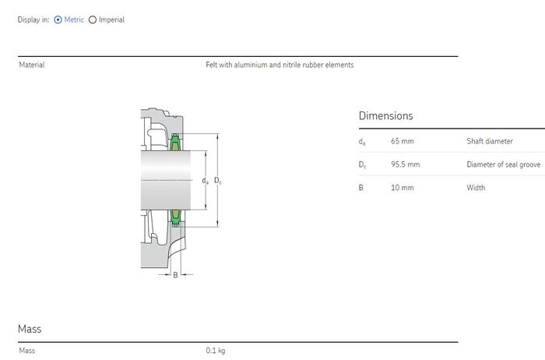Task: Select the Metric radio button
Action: point(58,19)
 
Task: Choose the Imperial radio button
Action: point(93,19)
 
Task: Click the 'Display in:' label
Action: point(33,19)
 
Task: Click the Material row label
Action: point(32,65)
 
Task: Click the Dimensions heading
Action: point(386,116)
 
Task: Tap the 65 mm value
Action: point(403,141)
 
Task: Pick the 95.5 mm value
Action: point(406,164)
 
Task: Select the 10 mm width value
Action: point(403,188)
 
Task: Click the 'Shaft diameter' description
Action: point(490,141)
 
